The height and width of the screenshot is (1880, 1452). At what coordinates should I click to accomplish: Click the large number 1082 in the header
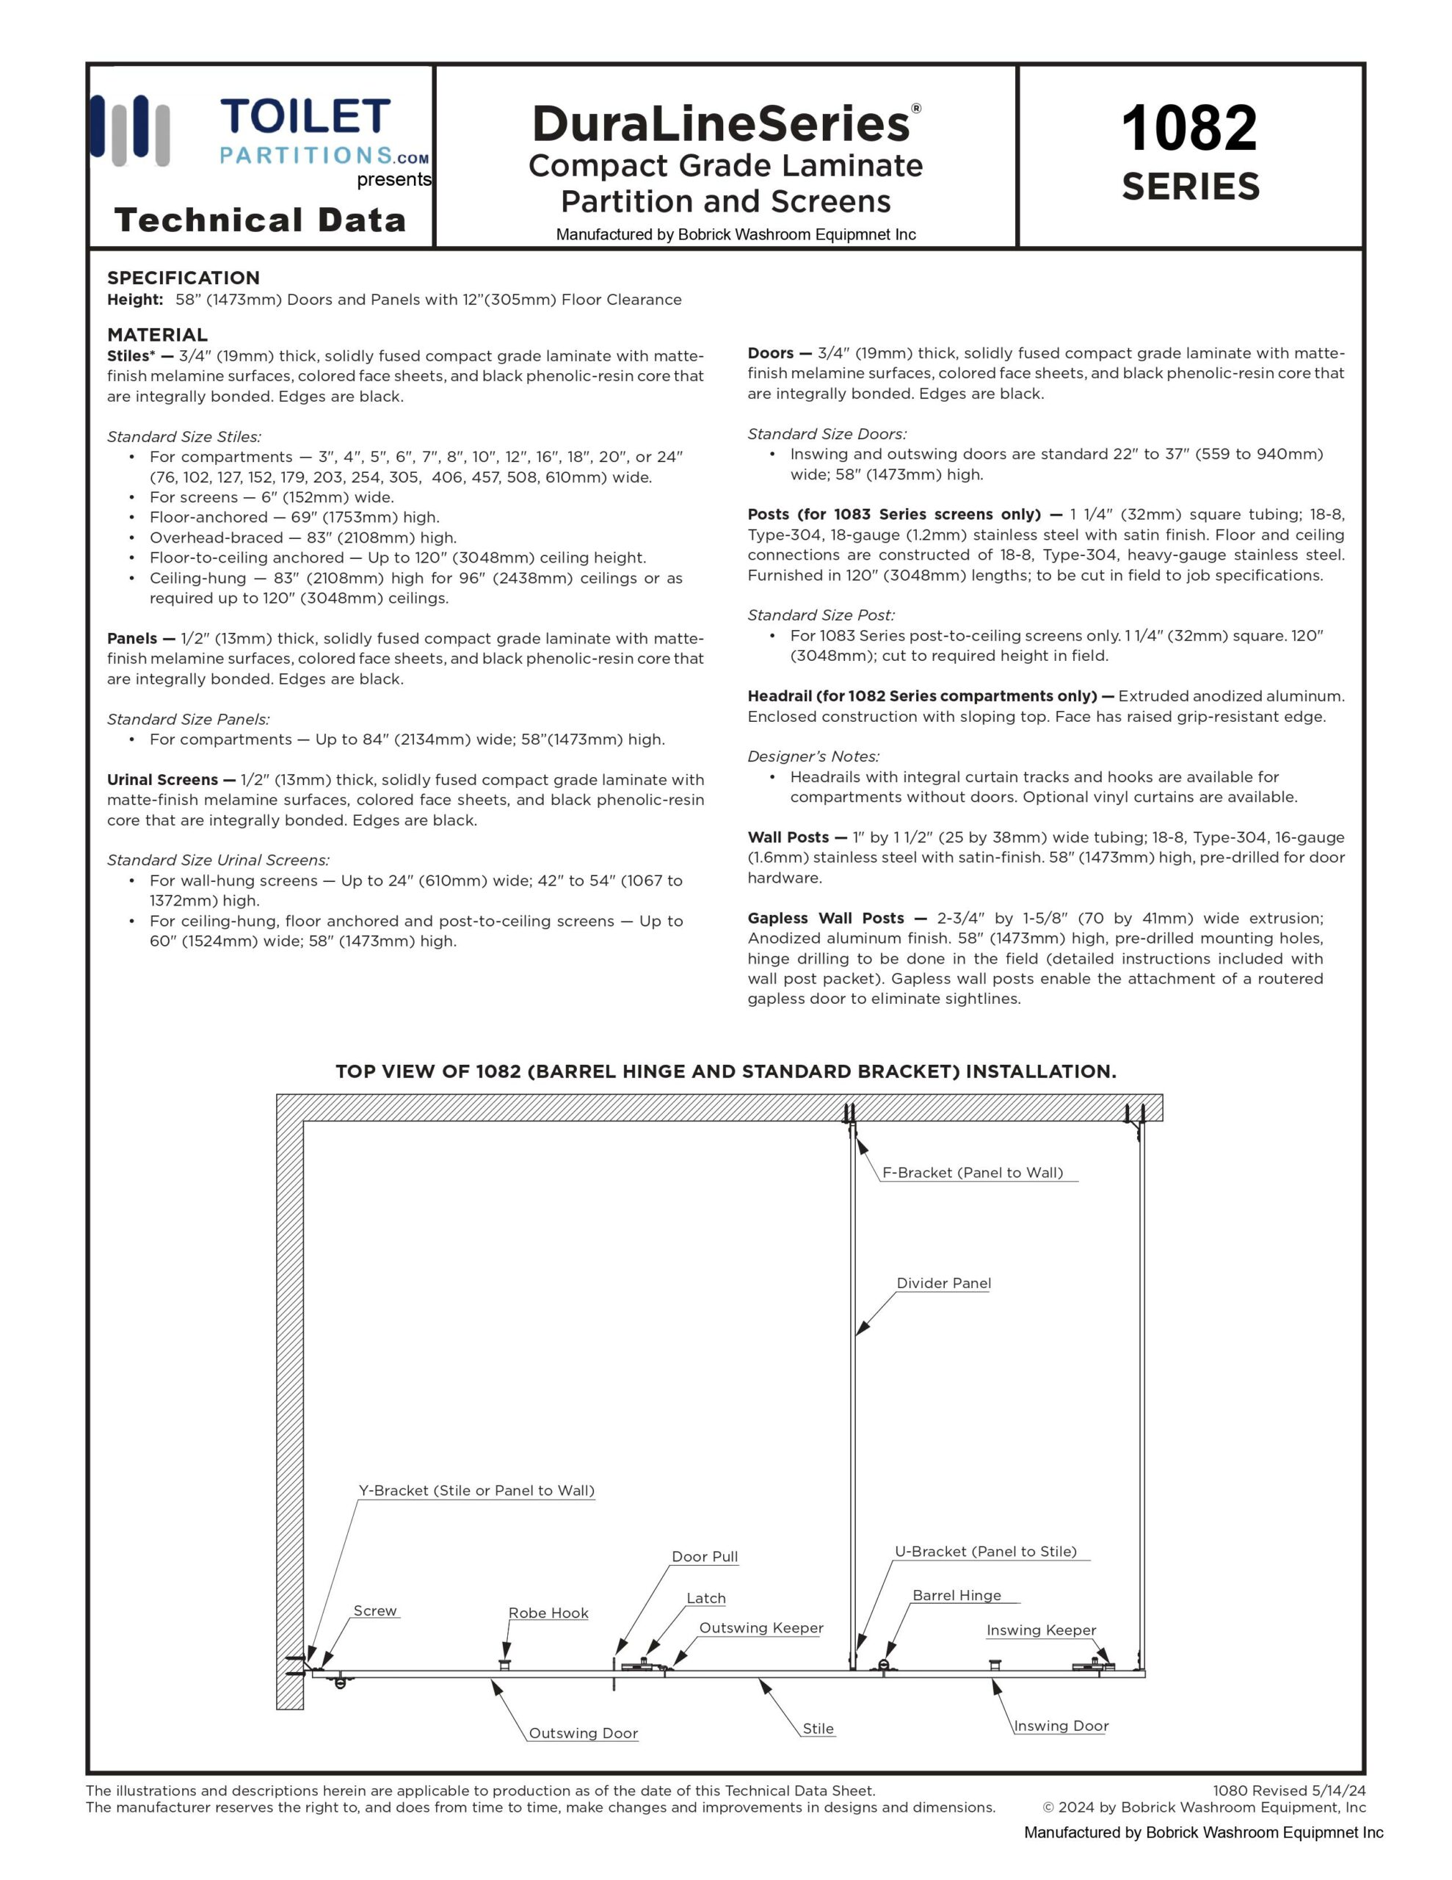[1188, 129]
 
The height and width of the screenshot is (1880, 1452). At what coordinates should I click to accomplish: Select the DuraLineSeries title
[722, 124]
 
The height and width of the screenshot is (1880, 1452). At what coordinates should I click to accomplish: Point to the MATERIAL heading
[158, 335]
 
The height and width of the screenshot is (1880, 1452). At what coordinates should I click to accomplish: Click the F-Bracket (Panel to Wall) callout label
[973, 1172]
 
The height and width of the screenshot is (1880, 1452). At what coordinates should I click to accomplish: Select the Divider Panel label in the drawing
[943, 1283]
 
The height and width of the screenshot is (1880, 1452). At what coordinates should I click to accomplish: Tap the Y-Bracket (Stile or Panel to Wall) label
[476, 1490]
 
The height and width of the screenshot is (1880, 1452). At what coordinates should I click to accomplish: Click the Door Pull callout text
[705, 1556]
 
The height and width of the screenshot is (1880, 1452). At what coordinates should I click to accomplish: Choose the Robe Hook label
[548, 1612]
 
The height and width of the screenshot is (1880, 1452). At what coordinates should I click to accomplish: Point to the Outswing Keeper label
[761, 1627]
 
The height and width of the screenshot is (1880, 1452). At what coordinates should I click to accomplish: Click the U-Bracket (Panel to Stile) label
[986, 1551]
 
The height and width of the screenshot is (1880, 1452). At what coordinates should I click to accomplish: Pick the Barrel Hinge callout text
[956, 1595]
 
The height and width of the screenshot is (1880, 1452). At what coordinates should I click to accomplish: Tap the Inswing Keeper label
[1041, 1630]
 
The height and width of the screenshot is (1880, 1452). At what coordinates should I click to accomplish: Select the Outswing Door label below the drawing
[583, 1733]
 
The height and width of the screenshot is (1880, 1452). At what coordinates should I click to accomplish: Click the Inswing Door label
[1061, 1725]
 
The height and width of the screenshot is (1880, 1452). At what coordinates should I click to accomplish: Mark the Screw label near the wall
[375, 1610]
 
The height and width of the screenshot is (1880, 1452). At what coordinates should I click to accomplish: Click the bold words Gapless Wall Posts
[825, 918]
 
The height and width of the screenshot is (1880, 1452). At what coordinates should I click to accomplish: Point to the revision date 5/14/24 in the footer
[1338, 1790]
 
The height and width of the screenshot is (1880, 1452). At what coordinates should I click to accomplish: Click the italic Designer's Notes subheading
[813, 756]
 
